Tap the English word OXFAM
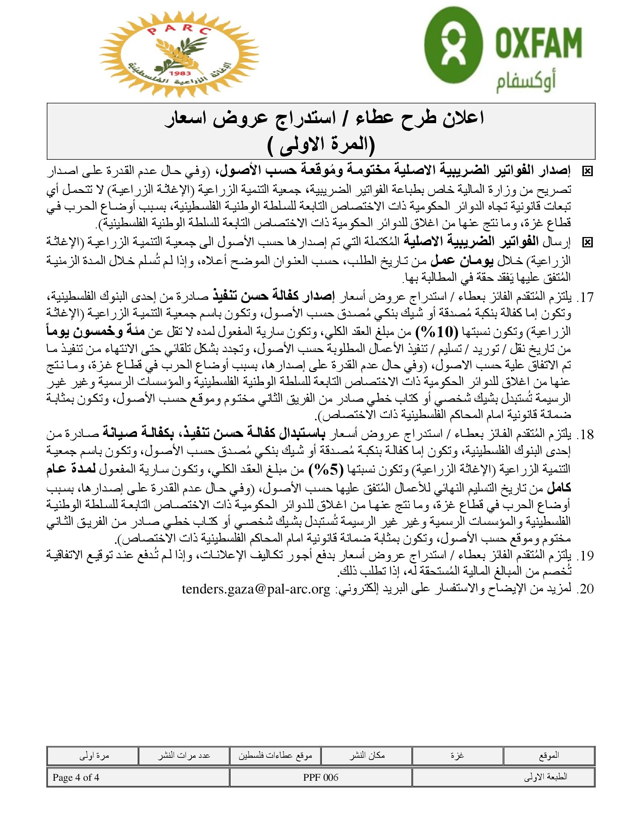click(539, 42)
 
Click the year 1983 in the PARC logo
click(179, 73)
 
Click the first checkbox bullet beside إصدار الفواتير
click(587, 171)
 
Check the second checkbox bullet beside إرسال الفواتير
click(587, 243)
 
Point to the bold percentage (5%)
click(326, 470)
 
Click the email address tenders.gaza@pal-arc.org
click(256, 589)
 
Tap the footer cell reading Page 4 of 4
click(76, 777)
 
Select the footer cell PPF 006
click(320, 777)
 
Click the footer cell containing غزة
click(457, 756)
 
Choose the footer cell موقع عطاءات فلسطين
click(275, 756)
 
